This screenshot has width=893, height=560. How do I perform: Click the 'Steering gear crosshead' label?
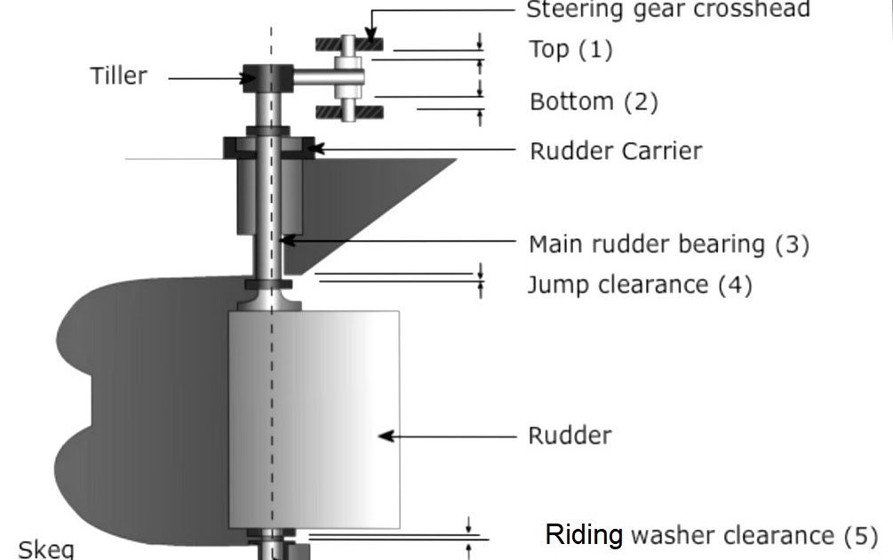[x=667, y=10]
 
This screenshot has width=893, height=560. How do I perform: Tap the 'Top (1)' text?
[x=570, y=49]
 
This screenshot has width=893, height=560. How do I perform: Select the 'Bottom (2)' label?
[x=594, y=101]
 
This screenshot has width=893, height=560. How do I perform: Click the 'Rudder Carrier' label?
[x=615, y=150]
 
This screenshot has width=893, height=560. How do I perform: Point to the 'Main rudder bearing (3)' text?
[x=668, y=243]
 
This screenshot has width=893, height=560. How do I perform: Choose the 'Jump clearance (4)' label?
[x=639, y=284]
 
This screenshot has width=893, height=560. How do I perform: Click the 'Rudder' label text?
[x=570, y=436]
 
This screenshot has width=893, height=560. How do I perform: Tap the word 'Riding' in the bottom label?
[x=584, y=535]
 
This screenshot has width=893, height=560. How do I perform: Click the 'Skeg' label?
[x=45, y=548]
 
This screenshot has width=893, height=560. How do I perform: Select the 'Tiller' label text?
[x=118, y=76]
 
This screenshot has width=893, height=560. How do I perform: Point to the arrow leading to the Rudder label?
[x=444, y=436]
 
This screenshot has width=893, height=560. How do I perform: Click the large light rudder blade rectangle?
[x=314, y=418]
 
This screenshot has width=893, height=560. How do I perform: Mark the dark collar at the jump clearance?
[x=269, y=284]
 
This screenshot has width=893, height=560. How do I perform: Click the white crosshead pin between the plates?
[x=348, y=77]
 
